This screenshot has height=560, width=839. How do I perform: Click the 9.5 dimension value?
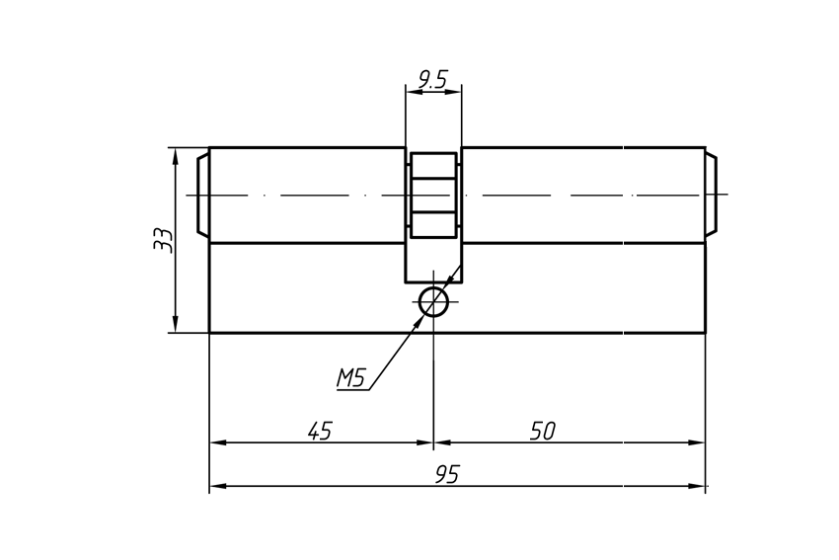tap(432, 79)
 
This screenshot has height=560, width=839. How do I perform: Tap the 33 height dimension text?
tap(163, 240)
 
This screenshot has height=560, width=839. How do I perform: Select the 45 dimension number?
tap(320, 431)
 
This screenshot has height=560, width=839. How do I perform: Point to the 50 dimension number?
tap(543, 431)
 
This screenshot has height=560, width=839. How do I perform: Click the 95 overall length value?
tap(447, 474)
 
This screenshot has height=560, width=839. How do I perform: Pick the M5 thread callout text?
tap(350, 378)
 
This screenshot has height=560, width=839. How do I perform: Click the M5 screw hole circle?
tap(433, 302)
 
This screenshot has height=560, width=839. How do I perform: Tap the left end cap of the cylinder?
tap(202, 195)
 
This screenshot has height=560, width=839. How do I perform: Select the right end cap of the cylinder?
tap(711, 195)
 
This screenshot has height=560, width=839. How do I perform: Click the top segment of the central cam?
tap(433, 165)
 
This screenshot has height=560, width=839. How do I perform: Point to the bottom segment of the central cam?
tap(433, 225)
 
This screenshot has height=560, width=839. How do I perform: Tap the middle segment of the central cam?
tap(433, 196)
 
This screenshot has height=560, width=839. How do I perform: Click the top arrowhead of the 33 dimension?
tap(175, 155)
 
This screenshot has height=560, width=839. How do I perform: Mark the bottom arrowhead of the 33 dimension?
tap(175, 324)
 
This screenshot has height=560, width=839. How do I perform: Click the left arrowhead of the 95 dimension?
tap(217, 486)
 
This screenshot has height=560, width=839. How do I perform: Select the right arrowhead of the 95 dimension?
tap(697, 486)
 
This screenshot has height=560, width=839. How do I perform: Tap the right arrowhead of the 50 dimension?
tap(697, 442)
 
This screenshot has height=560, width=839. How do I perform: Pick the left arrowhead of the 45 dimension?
tap(217, 442)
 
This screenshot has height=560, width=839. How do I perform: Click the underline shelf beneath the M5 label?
tap(353, 390)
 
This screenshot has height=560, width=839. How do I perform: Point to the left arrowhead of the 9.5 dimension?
tap(414, 92)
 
